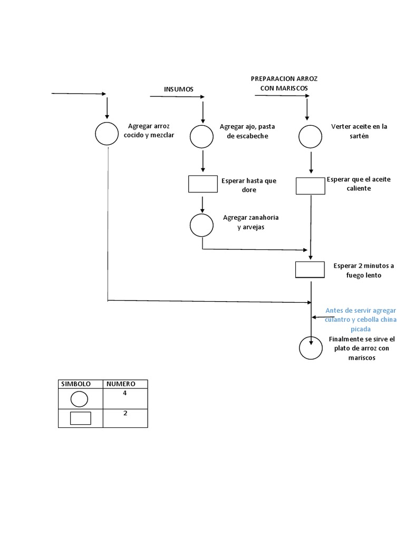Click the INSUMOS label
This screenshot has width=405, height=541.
tap(179, 89)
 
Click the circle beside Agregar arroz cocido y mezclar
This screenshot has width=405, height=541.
tap(107, 133)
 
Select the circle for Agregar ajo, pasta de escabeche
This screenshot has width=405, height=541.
tap(202, 137)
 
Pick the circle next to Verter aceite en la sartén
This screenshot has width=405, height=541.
tap(311, 137)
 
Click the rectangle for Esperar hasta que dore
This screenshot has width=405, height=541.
tap(202, 184)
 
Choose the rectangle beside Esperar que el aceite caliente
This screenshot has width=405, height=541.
tap(310, 186)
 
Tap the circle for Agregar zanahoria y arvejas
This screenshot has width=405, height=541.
tap(202, 226)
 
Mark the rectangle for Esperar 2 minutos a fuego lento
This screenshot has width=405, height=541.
tap(310, 269)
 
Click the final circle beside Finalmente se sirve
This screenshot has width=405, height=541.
tap(311, 349)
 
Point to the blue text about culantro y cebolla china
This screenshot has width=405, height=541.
tap(361, 320)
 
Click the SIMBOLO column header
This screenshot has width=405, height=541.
tap(76, 384)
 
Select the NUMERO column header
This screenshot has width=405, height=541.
tap(121, 384)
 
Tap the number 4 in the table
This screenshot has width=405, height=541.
tap(125, 394)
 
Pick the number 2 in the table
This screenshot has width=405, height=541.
tap(126, 413)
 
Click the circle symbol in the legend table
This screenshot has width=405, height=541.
tap(81, 399)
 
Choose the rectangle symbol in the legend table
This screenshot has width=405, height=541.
tap(81, 418)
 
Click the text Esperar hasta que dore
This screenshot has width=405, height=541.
tap(249, 185)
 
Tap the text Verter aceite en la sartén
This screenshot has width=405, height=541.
tap(359, 131)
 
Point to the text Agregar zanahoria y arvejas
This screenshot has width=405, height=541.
tap(250, 222)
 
